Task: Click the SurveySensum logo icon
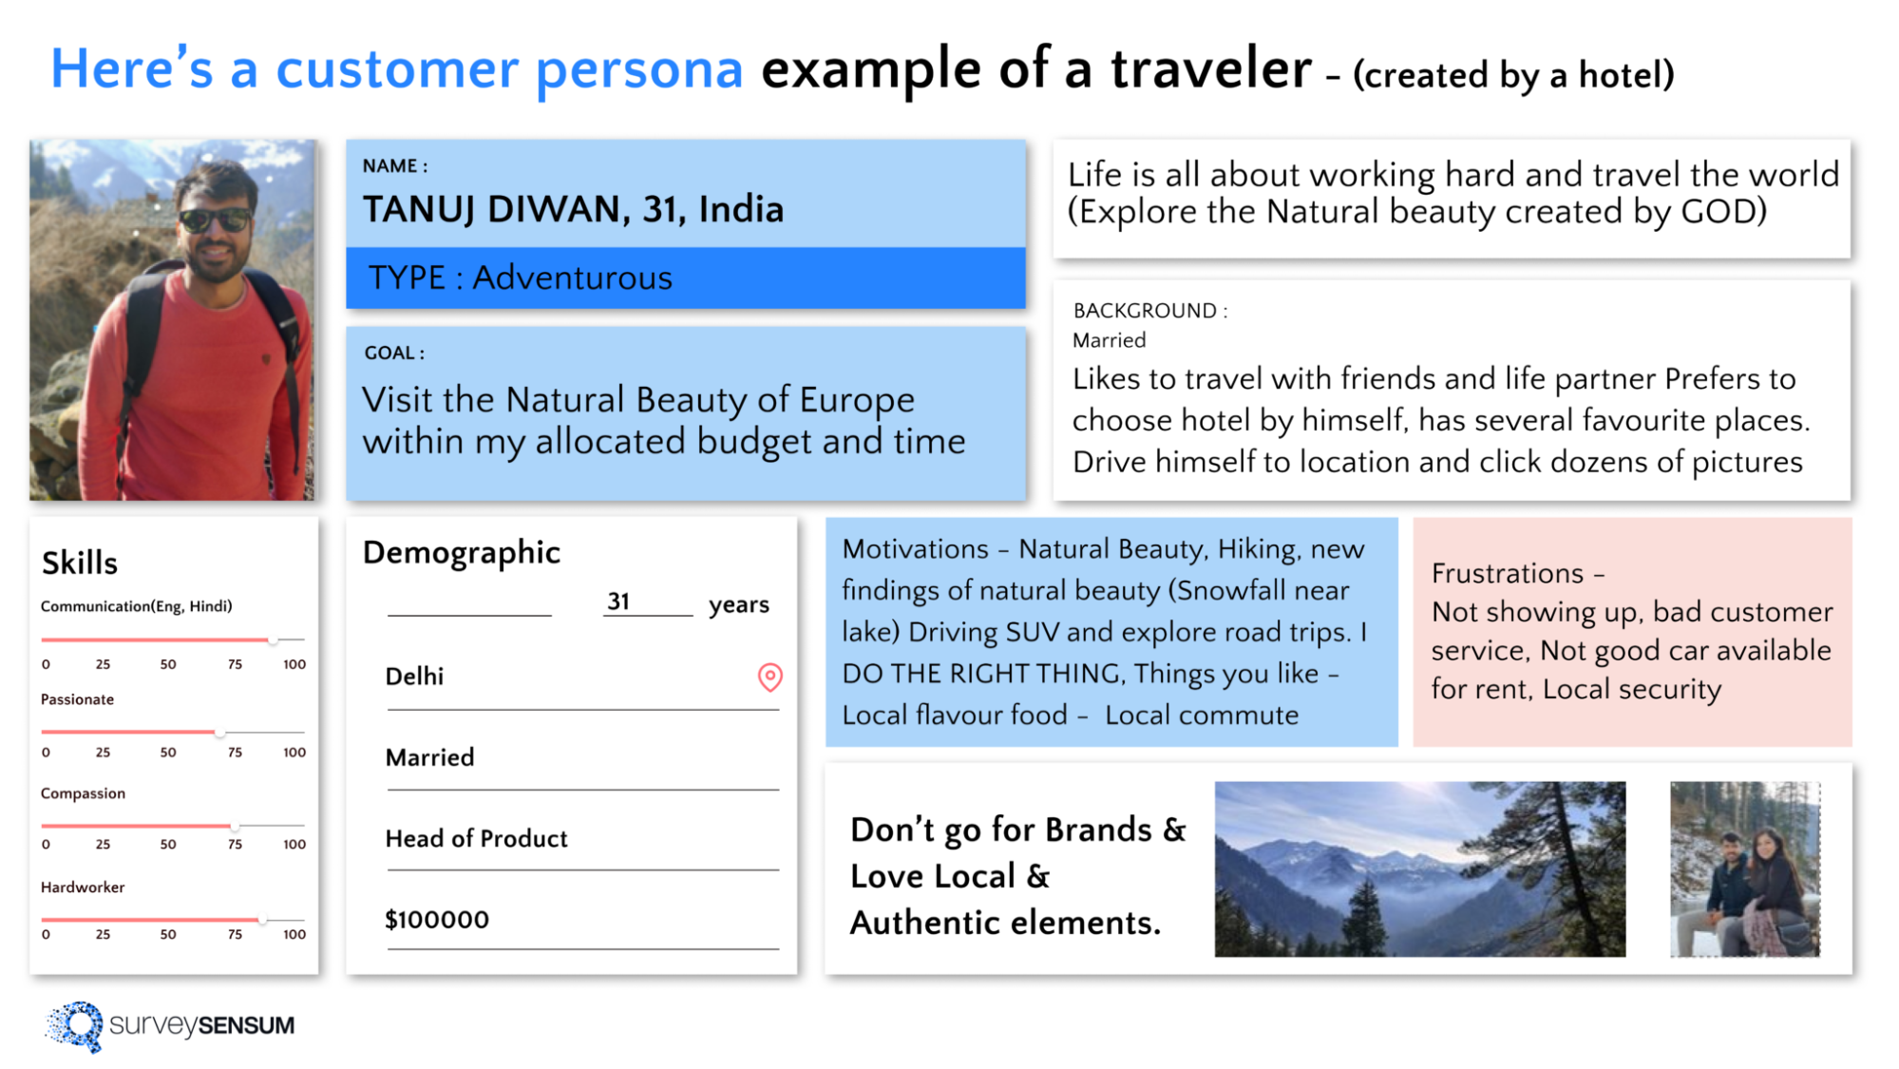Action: pos(74,1025)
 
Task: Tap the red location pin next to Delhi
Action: pos(769,677)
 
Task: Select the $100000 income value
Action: pos(437,920)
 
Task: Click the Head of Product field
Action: pos(476,838)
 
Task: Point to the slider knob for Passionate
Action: pos(219,733)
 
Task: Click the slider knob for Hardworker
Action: pos(262,920)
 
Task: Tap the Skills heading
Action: pos(80,563)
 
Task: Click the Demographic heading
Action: pos(462,552)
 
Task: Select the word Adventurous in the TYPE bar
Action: pos(572,278)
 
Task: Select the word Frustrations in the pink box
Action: pos(1507,574)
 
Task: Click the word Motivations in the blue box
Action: pos(915,549)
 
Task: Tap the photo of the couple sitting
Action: pos(1745,869)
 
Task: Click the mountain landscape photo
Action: pos(1419,869)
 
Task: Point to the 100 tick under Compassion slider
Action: pos(294,844)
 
